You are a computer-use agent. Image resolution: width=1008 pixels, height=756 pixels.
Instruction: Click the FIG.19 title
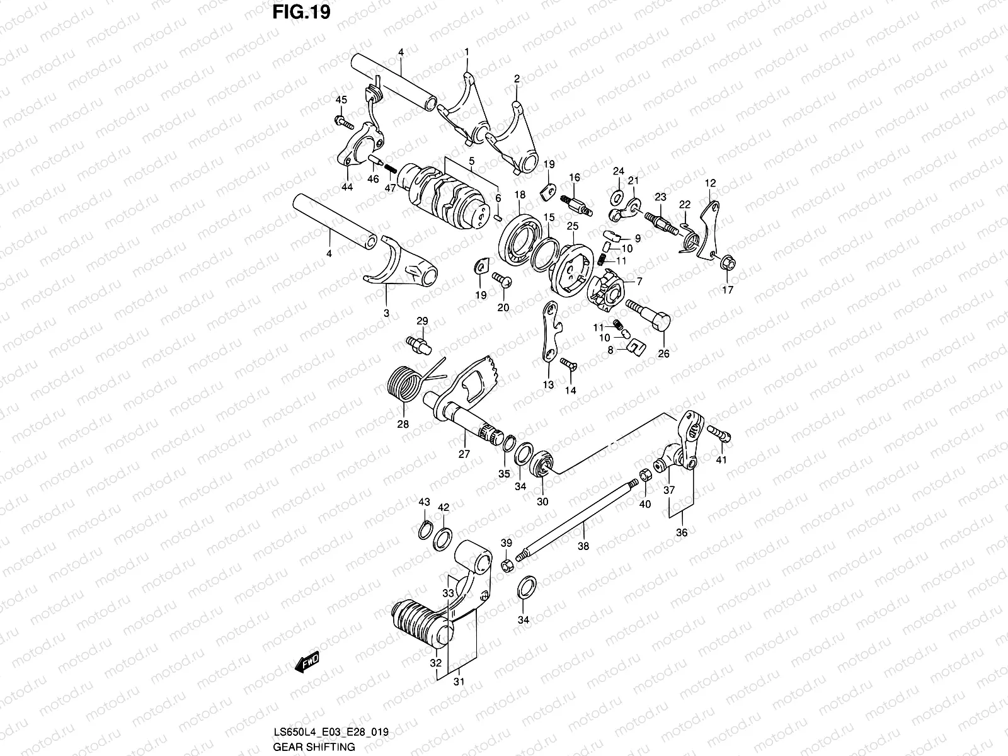tap(302, 13)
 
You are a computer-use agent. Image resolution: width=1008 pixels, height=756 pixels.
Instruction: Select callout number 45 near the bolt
tap(341, 100)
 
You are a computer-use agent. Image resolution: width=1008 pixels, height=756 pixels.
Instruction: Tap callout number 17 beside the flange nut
tap(727, 290)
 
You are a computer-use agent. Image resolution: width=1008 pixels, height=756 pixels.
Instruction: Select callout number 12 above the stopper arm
tap(710, 183)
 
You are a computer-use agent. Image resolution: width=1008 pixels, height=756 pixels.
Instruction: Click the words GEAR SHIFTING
tap(314, 747)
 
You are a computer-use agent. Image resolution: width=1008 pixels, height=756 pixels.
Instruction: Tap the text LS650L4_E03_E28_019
tap(331, 733)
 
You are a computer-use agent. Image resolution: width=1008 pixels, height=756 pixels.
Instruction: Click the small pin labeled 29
tap(419, 343)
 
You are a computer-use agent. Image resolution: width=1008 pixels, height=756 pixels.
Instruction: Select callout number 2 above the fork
tap(517, 79)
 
